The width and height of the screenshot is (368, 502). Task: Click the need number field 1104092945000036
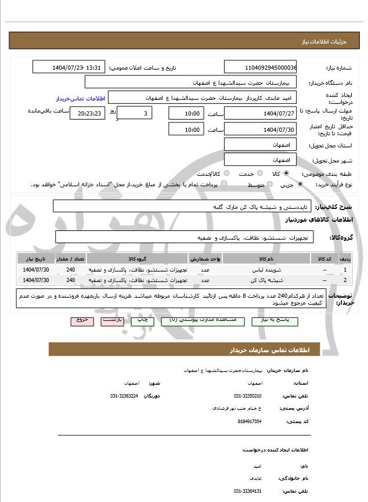260,67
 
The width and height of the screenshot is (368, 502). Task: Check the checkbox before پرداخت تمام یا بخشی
224,185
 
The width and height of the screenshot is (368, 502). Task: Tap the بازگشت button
112,320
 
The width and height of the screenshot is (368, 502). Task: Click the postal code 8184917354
249,421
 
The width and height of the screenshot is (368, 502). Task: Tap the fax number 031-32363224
124,395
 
